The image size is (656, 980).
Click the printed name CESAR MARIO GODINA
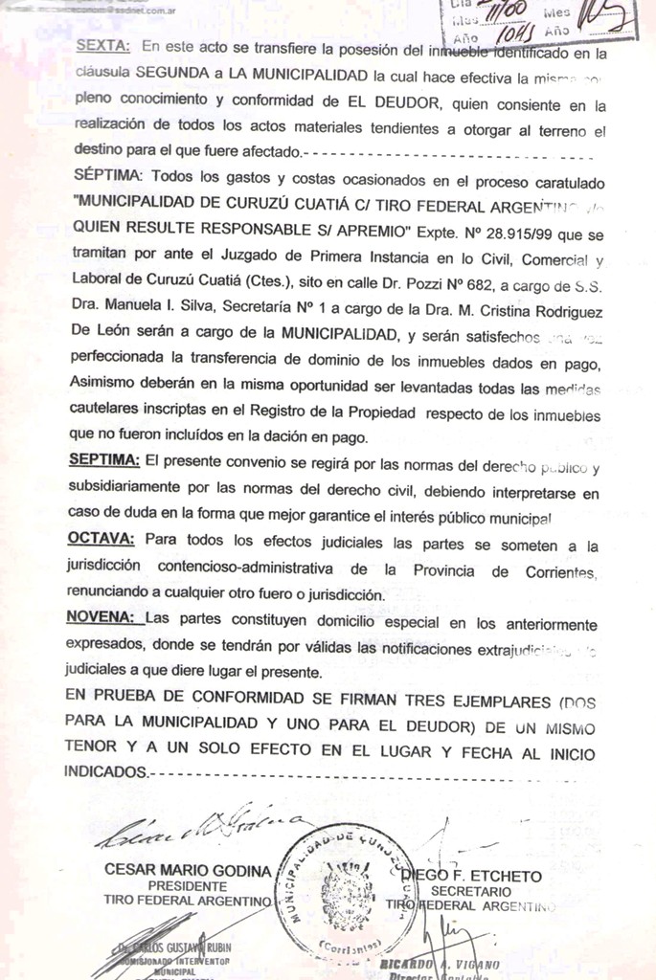pyautogui.click(x=188, y=872)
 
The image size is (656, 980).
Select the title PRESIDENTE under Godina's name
pyautogui.click(x=188, y=886)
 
